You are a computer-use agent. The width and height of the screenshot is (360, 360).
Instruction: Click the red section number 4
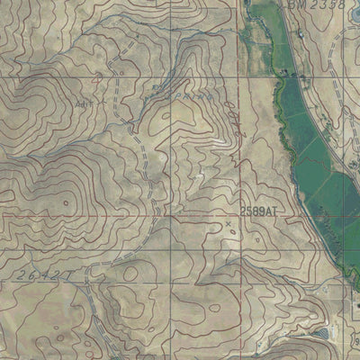pyautogui.click(x=98, y=81)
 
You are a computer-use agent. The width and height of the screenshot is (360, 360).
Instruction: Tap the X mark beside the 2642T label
pyautogui.click(x=93, y=266)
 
